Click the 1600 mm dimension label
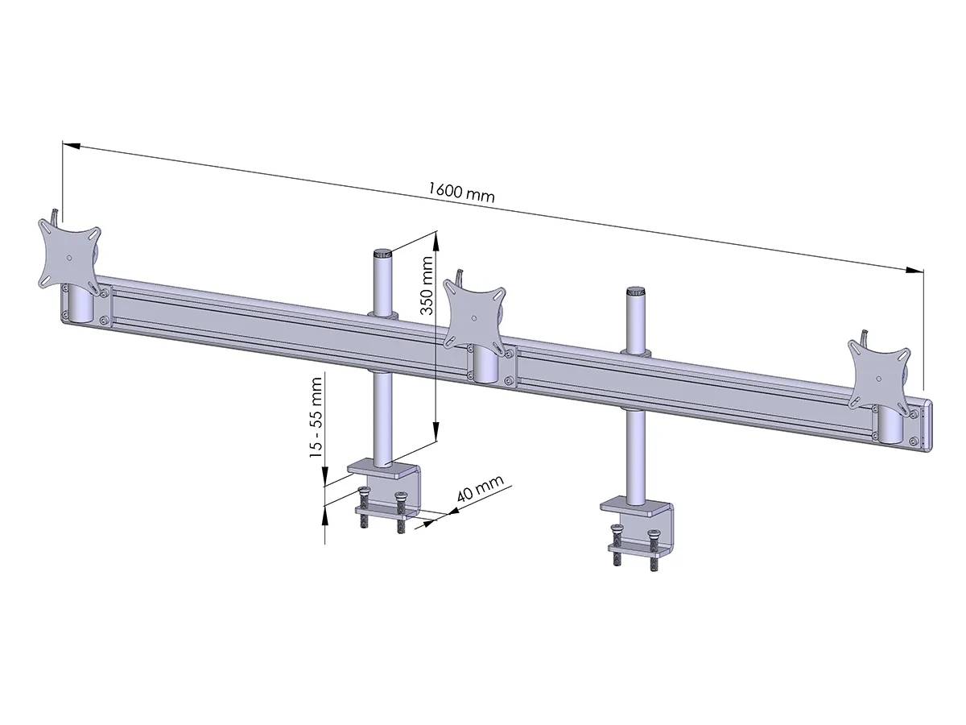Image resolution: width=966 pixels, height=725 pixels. click(x=460, y=193)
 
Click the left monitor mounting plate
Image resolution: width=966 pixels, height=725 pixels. click(x=69, y=255)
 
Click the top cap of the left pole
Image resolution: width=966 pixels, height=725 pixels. click(x=382, y=253)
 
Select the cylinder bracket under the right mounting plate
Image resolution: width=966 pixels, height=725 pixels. click(x=889, y=425)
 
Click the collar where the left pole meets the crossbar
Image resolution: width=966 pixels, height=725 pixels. click(x=382, y=313)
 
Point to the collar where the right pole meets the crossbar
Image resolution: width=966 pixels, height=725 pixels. click(x=636, y=352)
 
